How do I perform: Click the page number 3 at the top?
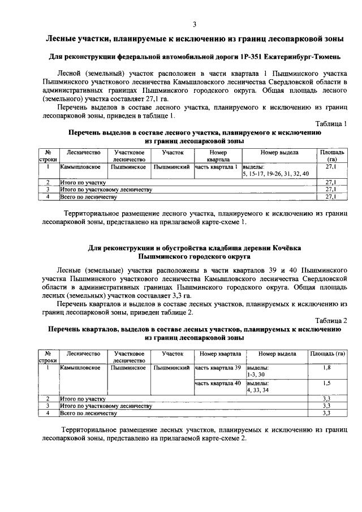coord(194,24)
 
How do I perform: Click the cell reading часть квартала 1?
coord(217,167)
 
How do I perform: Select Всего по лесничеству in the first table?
coord(89,197)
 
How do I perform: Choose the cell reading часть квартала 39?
coord(218,368)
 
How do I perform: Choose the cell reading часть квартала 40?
coord(218,384)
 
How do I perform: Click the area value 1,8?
coord(326,368)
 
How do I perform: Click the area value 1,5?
coord(326,384)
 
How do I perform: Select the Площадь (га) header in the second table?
coord(327,354)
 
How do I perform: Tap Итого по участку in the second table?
coord(80,399)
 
